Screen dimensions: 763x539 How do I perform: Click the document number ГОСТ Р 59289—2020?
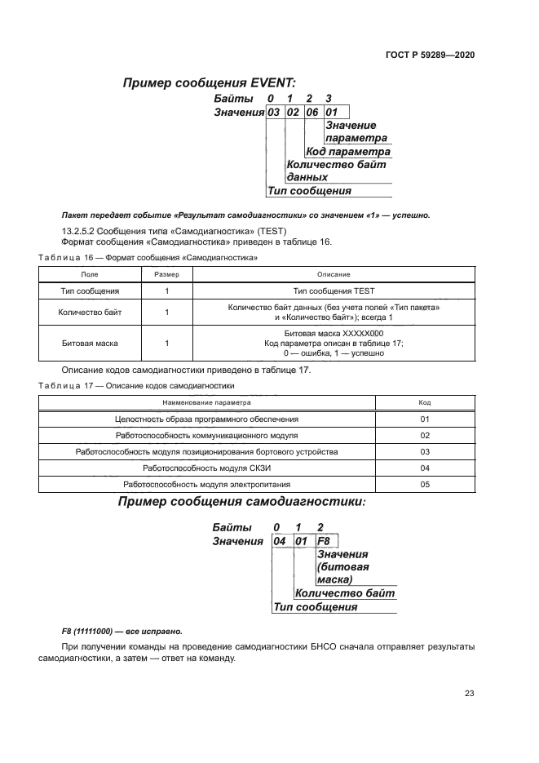tap(430, 55)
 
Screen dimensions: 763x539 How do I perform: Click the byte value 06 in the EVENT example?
tap(312, 112)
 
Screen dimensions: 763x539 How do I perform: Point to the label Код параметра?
tap(348, 152)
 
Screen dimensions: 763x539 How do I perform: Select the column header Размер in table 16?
tap(166, 274)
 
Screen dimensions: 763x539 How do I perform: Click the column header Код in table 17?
tap(424, 402)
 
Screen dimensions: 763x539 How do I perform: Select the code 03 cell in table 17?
tap(424, 451)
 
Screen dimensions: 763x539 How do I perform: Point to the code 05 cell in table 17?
tap(424, 484)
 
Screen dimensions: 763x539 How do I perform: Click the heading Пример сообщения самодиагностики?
tap(241, 502)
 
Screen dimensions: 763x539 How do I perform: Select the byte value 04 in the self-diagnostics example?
tap(280, 541)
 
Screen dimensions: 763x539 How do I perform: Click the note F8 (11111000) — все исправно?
tap(122, 632)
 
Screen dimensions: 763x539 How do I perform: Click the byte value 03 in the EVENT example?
tap(274, 112)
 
